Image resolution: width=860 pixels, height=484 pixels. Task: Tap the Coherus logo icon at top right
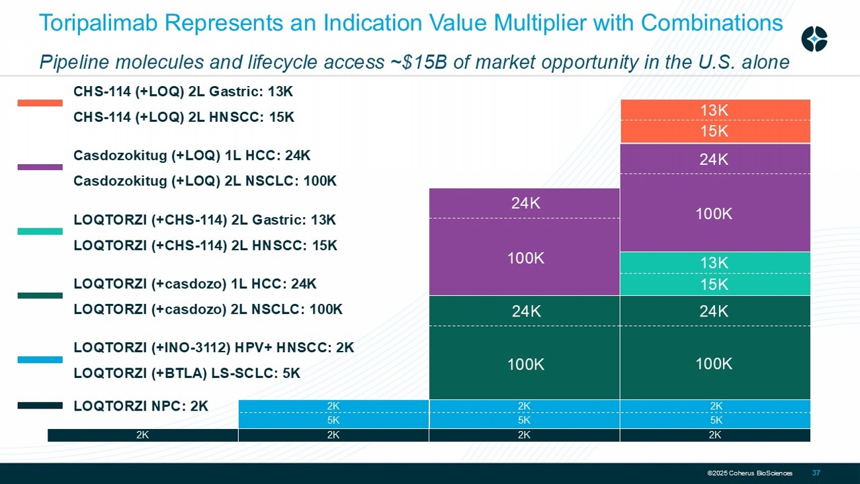(814, 39)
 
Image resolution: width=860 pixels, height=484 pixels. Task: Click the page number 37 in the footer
(816, 473)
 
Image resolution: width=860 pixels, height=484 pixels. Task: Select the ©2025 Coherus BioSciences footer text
(750, 473)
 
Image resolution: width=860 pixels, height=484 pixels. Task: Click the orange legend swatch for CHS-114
(40, 103)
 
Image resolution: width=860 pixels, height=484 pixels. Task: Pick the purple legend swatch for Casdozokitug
(40, 168)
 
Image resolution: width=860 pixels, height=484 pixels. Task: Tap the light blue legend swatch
(40, 360)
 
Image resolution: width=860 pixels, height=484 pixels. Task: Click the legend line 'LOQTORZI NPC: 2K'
(141, 406)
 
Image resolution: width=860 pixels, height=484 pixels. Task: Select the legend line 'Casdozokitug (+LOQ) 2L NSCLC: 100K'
(205, 181)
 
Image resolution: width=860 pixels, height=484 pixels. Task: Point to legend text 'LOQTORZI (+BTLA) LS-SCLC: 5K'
(187, 373)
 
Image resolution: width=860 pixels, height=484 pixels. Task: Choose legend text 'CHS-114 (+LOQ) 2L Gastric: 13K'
(183, 91)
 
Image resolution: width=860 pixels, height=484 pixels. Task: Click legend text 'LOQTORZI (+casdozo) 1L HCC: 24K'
(195, 284)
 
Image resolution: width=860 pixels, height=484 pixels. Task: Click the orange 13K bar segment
(714, 110)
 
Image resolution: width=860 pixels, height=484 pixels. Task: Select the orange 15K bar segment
(714, 131)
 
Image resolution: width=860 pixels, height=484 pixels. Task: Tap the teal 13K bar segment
(714, 263)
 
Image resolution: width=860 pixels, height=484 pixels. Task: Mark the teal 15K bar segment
(714, 284)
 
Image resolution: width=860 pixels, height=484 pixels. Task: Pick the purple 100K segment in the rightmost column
(714, 213)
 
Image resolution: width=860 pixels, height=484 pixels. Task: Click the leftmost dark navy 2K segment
(142, 435)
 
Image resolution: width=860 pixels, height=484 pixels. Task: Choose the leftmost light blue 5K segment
(333, 420)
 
